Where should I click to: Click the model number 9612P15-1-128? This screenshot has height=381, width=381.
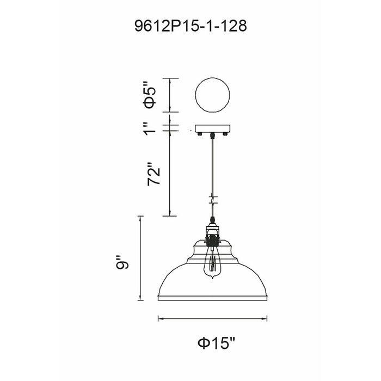tap(190, 26)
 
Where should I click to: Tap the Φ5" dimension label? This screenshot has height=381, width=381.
tap(150, 95)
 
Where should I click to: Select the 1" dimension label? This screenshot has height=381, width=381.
tap(150, 128)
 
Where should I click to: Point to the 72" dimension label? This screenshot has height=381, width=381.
tap(153, 173)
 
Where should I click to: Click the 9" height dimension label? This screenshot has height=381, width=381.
tap(122, 262)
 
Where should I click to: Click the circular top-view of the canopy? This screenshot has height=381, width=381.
tap(213, 95)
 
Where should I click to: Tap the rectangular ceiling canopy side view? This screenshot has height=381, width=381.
tap(213, 128)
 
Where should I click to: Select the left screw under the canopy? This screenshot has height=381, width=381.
tap(200, 134)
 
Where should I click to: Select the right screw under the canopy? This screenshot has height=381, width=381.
tap(225, 134)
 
